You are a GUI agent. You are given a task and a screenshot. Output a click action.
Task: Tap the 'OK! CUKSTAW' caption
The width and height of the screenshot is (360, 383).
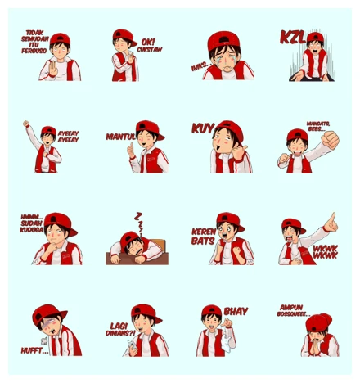pyautogui.click(x=148, y=44)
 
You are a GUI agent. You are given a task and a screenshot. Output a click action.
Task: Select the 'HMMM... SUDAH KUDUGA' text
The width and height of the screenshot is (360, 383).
pyautogui.click(x=34, y=223)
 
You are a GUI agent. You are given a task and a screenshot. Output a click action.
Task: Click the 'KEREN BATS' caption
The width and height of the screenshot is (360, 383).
pyautogui.click(x=203, y=236)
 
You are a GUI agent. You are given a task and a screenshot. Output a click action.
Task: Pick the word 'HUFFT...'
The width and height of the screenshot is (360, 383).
pyautogui.click(x=35, y=350)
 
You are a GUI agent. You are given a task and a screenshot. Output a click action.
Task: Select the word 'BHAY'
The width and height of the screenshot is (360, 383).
pyautogui.click(x=236, y=312)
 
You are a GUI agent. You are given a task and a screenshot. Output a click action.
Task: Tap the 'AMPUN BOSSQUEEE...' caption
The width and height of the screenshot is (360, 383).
pyautogui.click(x=294, y=312)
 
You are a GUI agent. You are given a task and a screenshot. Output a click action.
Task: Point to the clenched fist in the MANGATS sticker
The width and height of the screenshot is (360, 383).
pyautogui.click(x=329, y=140)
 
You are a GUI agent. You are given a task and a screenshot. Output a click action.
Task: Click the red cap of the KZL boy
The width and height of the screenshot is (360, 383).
pyautogui.click(x=315, y=38)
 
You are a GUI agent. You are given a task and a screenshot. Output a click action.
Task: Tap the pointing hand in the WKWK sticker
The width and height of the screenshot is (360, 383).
pyautogui.click(x=330, y=221)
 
